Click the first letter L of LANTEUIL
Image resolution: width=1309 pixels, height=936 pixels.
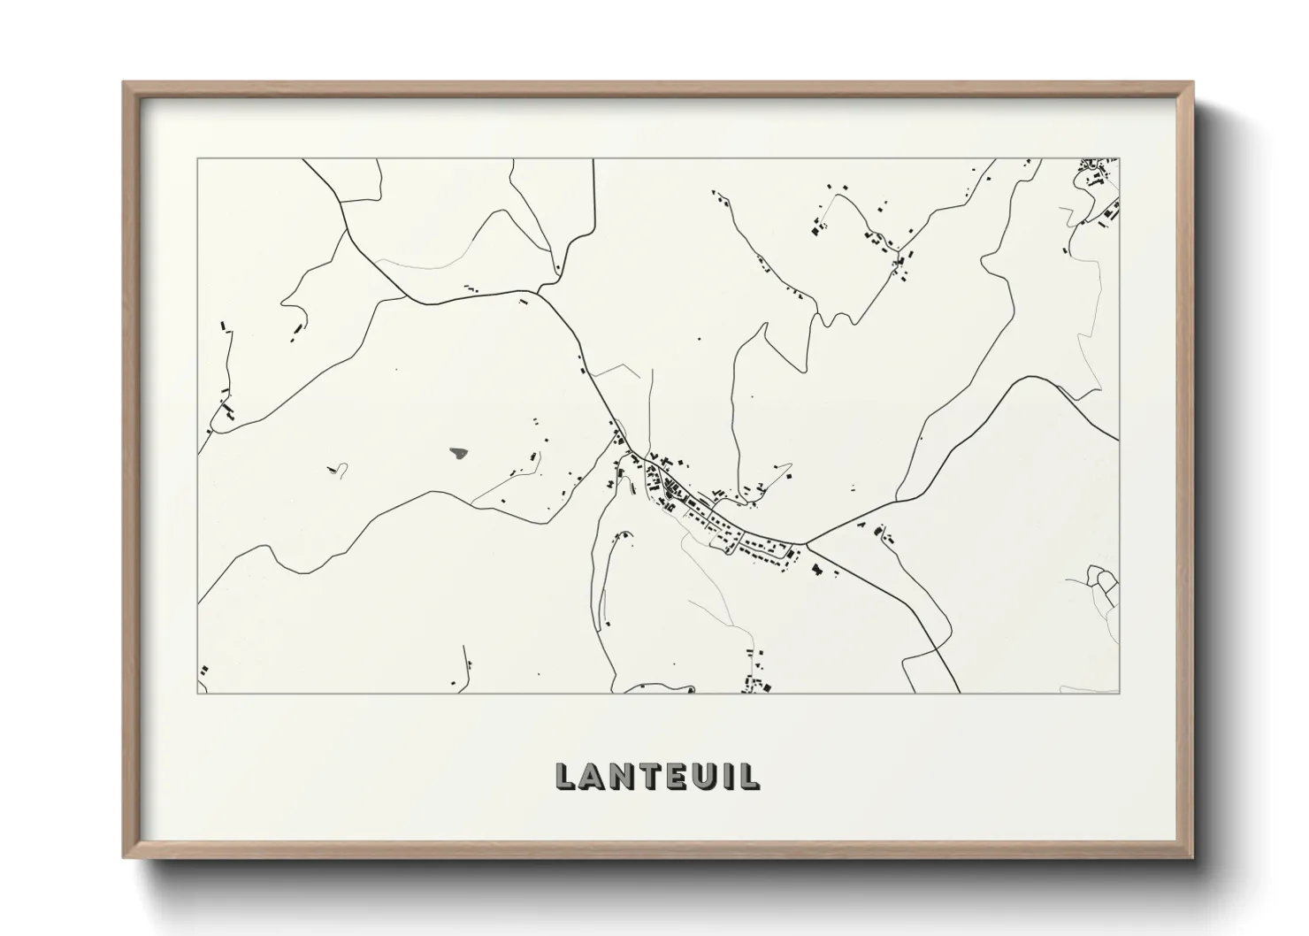point(564,776)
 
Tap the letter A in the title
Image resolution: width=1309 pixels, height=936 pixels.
point(591,776)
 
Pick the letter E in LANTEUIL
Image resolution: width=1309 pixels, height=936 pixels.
point(669,776)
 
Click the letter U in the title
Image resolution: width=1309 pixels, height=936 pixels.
point(695,776)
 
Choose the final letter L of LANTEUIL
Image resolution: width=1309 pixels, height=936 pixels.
point(745,776)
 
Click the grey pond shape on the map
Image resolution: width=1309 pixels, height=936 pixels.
point(458,454)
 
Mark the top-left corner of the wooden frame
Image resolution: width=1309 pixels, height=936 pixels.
point(124,83)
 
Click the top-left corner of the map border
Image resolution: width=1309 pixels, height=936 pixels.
point(197,159)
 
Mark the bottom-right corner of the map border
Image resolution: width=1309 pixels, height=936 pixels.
point(1120,694)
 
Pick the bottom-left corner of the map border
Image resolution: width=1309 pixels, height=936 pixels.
point(197,694)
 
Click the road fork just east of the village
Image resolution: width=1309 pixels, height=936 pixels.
point(805,542)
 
